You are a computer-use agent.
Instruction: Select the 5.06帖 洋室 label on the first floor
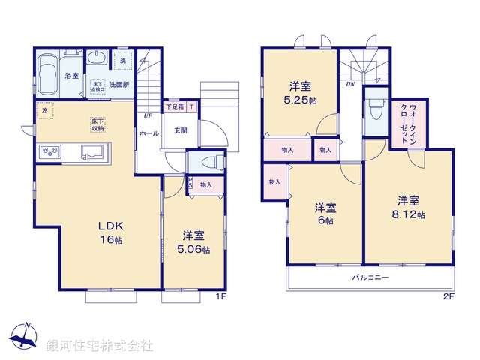(193, 241)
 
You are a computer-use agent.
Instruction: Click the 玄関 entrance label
(181, 130)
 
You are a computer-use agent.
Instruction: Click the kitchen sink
(93, 153)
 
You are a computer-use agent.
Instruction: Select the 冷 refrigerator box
(45, 111)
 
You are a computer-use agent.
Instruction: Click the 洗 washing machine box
(122, 59)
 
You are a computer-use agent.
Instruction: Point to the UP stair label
(148, 116)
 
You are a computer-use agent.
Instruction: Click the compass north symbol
(25, 337)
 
